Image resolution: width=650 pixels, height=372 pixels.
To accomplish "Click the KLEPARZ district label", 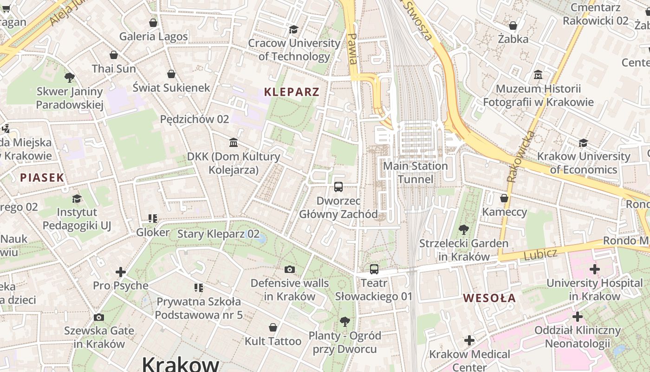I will coord(292,92).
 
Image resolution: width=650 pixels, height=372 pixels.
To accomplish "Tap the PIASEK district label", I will coord(42,177).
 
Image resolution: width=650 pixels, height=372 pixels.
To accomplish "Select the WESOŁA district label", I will coord(489,298).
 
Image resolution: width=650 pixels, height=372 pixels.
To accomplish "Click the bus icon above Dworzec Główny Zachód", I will coord(338,187).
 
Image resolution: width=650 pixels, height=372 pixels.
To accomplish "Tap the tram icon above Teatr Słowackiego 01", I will coord(374,269).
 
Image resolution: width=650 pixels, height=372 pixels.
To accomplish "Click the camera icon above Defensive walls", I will coord(290,269).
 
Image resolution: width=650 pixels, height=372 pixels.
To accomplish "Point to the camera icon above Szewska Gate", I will coord(98,317).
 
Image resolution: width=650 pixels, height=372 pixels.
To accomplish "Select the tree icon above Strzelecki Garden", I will coord(463,229).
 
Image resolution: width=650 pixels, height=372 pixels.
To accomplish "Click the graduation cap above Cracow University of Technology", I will coord(293,29).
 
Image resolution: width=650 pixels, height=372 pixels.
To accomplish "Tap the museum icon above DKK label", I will coord(234,142).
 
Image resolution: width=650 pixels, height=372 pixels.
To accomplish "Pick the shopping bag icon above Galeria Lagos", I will coord(153,22).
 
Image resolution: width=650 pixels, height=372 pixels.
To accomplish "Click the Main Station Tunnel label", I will coord(415,173).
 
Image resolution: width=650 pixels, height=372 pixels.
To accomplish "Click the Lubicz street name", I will coord(540,254).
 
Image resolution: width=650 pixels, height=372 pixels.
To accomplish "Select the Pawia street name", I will coord(352,48).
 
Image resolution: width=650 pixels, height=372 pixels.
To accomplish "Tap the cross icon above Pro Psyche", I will coord(121,272).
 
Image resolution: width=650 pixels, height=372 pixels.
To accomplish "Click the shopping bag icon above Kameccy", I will coord(504,198).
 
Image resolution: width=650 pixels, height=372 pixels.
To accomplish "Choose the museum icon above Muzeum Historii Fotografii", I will coord(538,74).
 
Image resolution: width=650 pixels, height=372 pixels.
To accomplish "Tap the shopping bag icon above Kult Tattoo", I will coord(273,327).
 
